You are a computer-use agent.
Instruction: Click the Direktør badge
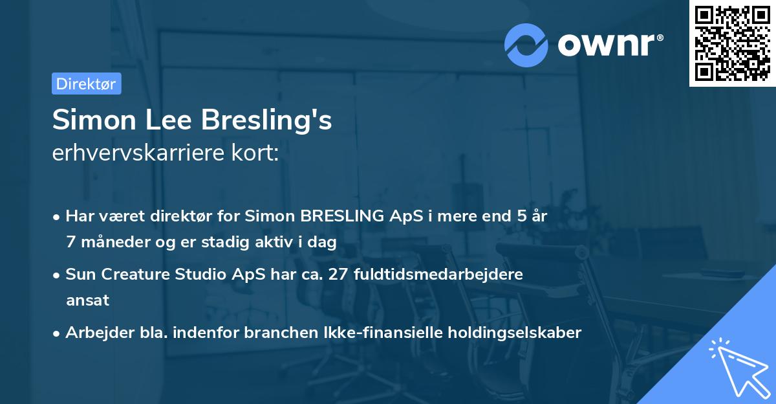[86, 84]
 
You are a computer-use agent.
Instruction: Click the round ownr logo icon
[526, 45]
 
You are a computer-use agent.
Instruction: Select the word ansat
[87, 300]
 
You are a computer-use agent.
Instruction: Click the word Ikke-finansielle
[402, 333]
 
